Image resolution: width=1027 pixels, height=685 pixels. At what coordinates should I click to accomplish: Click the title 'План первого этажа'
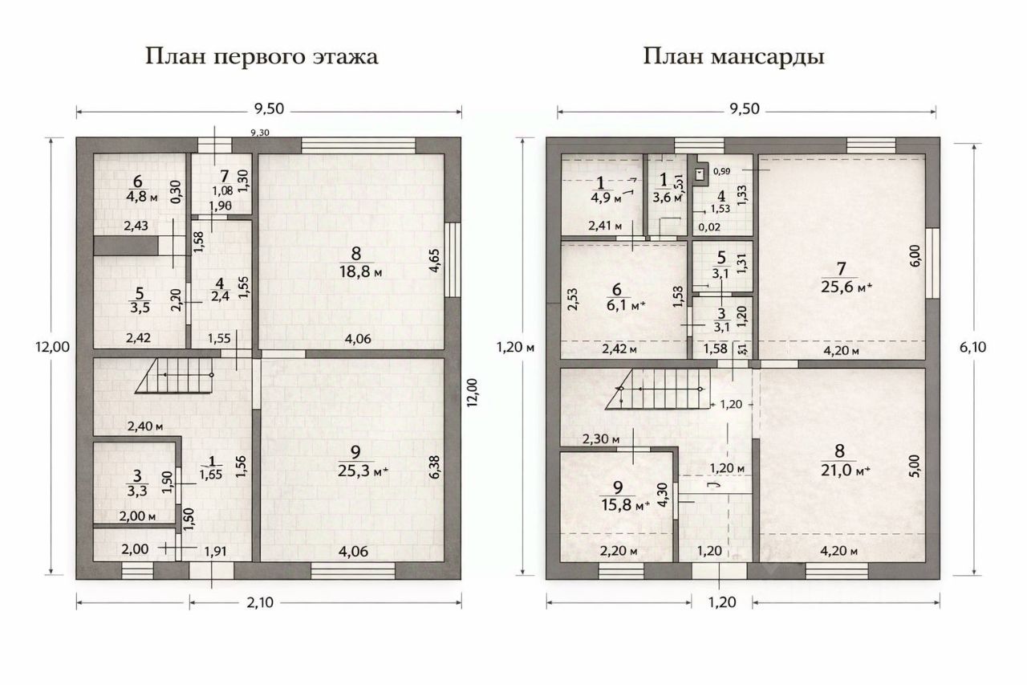pos(262,57)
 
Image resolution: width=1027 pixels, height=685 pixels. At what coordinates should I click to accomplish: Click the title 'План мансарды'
pos(733,57)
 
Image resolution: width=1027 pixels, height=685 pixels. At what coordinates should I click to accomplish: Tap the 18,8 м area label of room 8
pos(355,272)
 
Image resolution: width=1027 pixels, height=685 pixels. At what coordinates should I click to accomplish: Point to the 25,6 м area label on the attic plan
pos(846,287)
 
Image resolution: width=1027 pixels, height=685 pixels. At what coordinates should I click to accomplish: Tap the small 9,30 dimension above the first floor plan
pos(260,133)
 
